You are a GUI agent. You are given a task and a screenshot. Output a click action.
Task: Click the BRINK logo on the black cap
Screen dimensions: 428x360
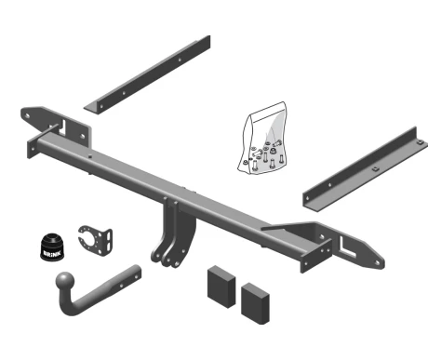53,253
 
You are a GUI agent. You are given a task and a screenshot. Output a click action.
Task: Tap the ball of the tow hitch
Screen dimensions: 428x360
65,282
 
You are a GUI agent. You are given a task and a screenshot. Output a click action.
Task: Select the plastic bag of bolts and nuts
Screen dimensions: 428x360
262,138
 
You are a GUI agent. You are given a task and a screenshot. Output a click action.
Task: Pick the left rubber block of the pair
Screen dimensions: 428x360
221,287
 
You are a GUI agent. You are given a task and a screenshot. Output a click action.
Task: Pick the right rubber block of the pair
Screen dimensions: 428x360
255,303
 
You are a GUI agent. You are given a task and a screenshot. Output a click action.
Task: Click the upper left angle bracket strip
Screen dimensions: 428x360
147,74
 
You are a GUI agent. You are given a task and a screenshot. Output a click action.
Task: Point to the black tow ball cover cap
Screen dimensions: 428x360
52,247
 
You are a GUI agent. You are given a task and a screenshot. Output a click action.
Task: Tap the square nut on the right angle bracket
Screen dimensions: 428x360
375,168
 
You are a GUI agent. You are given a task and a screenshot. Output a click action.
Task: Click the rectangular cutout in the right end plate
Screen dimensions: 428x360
347,247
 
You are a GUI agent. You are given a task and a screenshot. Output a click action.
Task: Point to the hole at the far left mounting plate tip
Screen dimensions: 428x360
27,116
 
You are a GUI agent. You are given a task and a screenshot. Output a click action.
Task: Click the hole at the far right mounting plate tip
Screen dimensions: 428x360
378,263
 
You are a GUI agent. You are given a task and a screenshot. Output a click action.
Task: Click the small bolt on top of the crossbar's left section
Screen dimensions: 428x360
89,156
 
